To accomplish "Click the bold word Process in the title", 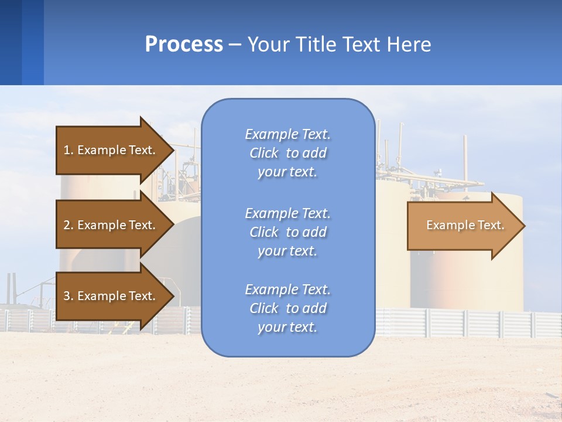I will [184, 44].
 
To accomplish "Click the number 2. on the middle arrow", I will [68, 225].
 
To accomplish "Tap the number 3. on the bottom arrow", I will [68, 296].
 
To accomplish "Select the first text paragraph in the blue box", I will [287, 153].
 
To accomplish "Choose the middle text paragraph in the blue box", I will [287, 232].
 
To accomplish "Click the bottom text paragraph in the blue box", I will [287, 308].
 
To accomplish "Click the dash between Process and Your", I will [235, 45].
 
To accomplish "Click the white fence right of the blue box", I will [468, 323].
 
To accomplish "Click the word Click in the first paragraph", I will [264, 153].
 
